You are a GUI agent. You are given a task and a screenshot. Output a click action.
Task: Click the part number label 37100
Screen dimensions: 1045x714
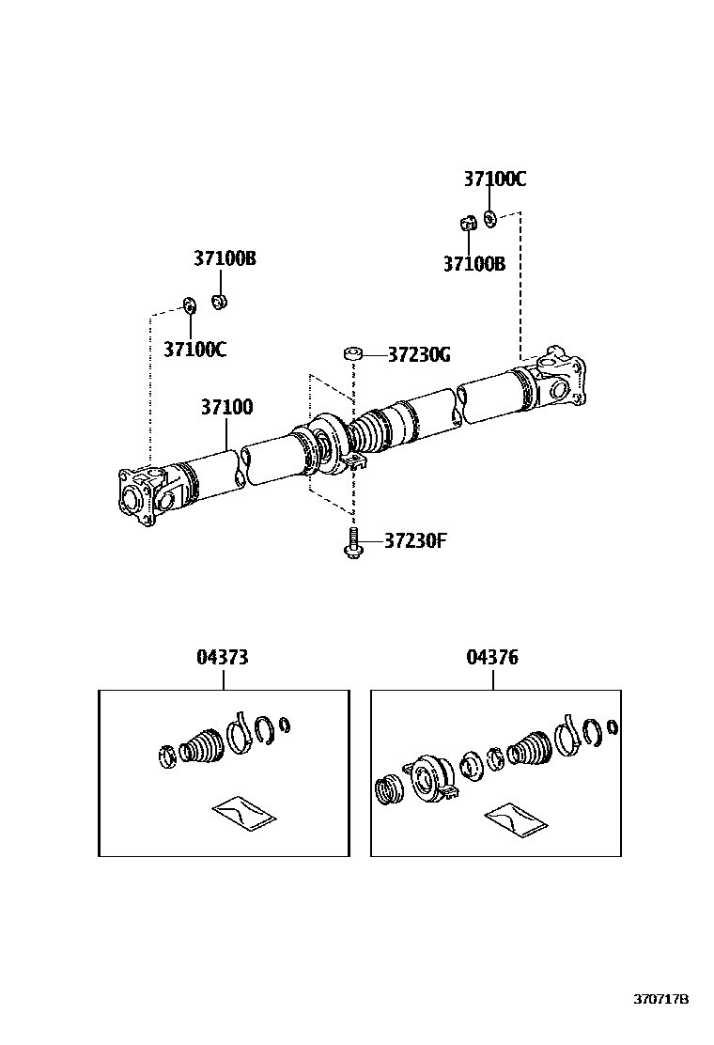click(x=225, y=409)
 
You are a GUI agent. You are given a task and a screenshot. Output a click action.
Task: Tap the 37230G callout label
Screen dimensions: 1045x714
click(x=419, y=355)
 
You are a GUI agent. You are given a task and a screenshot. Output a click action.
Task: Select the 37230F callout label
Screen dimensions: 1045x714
click(x=414, y=541)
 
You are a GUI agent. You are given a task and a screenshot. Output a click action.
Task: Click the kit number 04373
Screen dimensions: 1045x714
click(x=223, y=658)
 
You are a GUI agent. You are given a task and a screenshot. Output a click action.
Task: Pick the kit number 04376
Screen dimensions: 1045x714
click(x=492, y=658)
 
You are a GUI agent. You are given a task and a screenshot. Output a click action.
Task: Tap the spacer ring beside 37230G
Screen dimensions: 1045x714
click(x=353, y=354)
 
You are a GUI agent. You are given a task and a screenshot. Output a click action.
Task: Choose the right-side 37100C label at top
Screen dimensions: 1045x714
click(x=494, y=179)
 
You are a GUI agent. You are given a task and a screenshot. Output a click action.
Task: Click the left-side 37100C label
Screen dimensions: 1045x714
click(x=195, y=350)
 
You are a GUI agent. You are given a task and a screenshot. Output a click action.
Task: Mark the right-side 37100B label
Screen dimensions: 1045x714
click(x=474, y=265)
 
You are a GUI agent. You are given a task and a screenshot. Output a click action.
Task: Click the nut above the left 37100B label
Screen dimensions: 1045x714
click(x=219, y=302)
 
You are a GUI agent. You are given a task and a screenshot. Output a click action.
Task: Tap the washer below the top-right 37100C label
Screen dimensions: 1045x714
click(x=489, y=219)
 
